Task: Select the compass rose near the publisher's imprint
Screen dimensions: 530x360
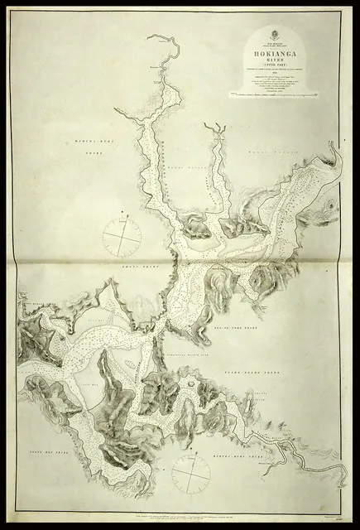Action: (191, 475)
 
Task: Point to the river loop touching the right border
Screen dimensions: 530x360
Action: (333, 152)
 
